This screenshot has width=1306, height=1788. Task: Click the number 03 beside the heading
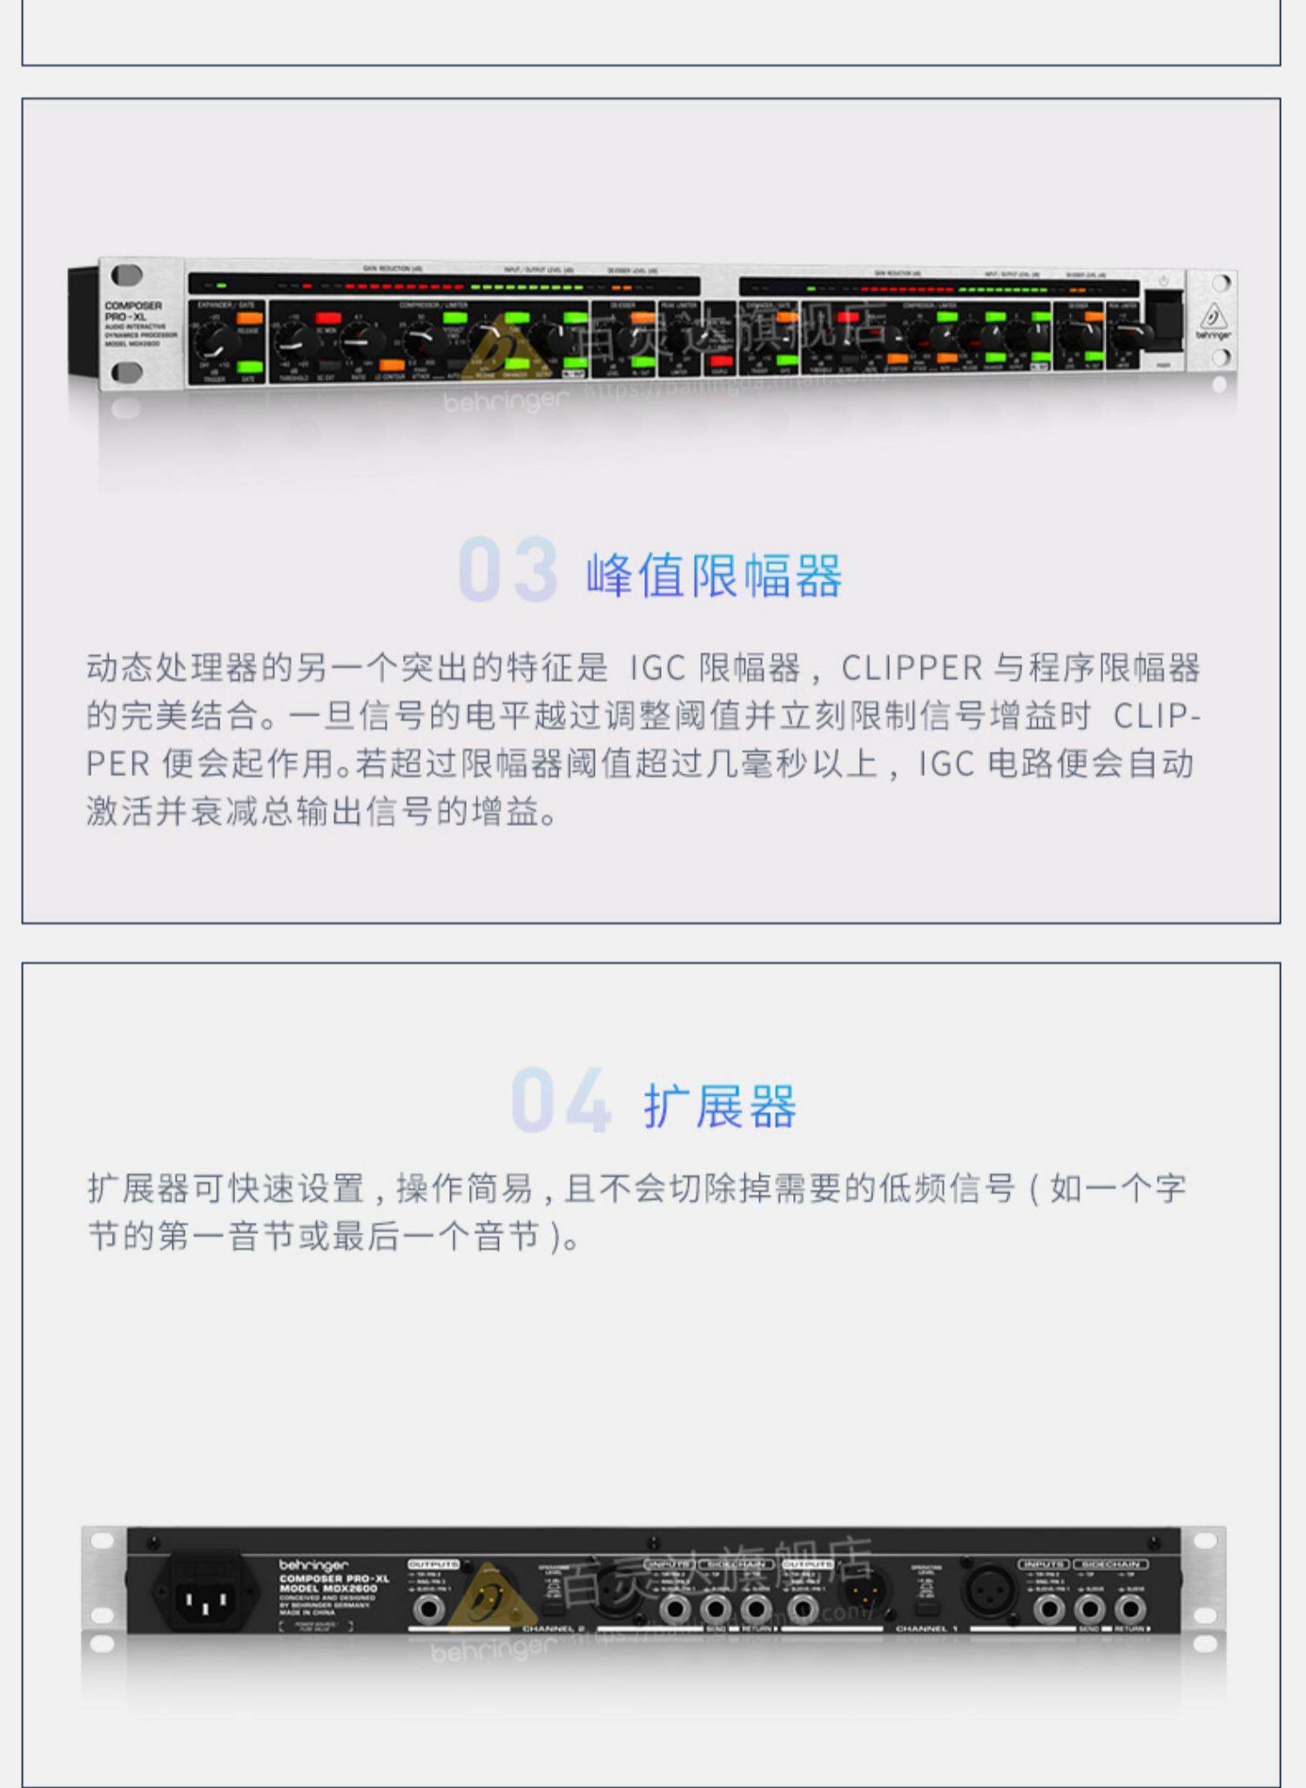[508, 570]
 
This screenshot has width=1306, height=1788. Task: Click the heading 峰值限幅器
[714, 575]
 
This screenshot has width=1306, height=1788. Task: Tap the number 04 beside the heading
[561, 1100]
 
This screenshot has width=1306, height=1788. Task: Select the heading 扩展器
[719, 1106]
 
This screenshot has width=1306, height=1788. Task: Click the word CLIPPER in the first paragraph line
[912, 669]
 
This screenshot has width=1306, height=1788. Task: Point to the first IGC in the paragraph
[657, 669]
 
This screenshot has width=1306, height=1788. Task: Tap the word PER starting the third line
[118, 764]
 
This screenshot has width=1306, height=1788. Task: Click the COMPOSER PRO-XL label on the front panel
[133, 312]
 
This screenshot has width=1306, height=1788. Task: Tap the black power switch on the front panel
[1165, 320]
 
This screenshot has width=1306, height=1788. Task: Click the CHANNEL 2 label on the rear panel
[554, 1629]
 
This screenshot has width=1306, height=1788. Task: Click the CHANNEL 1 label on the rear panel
[926, 1629]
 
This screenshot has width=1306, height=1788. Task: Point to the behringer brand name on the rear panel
[313, 1565]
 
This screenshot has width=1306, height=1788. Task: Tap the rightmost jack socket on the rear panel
[1130, 1609]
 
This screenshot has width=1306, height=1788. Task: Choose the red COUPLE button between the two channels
[720, 360]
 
